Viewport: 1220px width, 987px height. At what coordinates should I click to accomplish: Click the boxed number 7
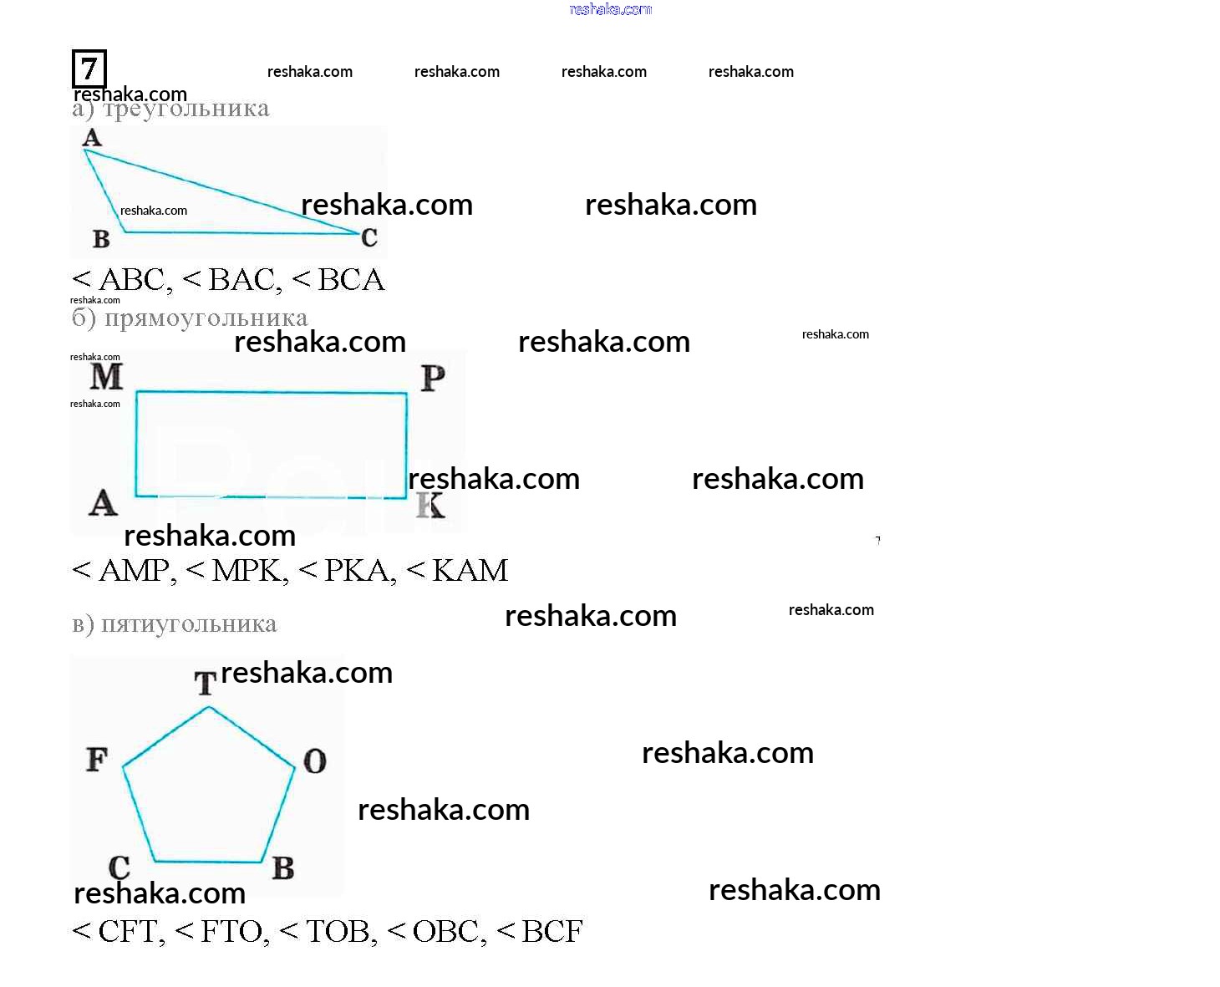tap(89, 69)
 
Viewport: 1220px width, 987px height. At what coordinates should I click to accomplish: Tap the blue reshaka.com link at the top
tap(610, 9)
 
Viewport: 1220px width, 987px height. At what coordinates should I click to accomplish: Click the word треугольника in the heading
tap(186, 109)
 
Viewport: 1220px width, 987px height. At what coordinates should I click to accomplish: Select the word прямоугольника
tap(206, 318)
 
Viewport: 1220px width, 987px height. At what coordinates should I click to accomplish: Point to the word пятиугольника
tap(189, 624)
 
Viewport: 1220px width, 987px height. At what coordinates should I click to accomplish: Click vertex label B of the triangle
tap(101, 239)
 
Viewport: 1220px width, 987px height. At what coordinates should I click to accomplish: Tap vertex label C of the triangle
tap(369, 238)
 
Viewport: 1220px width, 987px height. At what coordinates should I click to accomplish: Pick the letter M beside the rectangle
tap(106, 377)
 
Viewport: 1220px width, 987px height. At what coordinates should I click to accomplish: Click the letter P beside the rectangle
tap(432, 379)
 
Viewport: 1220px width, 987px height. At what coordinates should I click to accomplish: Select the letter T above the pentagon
tap(205, 684)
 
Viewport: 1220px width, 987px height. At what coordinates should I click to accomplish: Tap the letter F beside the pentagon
tap(97, 760)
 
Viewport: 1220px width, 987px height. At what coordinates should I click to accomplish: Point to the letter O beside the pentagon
tap(314, 761)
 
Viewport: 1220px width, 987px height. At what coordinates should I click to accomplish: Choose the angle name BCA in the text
tap(351, 280)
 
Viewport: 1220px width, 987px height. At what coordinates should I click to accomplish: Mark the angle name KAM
tap(470, 571)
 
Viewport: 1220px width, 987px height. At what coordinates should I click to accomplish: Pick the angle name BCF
tap(552, 932)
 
